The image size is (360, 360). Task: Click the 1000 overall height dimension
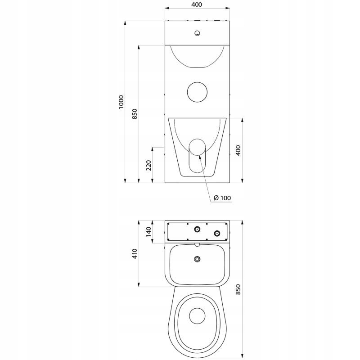pos(120,103)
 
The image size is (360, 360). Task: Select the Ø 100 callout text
pos(222,198)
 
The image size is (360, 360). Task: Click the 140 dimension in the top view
pos(148,232)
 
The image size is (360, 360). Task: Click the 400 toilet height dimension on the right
pos(239,150)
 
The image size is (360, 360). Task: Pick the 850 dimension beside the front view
pos(135,114)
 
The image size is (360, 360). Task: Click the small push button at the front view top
pos(197,33)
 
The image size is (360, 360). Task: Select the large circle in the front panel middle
pos(197,91)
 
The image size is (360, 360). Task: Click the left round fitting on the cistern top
pos(197,229)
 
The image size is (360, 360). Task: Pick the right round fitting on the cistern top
pos(217,233)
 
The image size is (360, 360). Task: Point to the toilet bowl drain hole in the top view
pos(196,315)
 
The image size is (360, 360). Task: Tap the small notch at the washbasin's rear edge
pos(197,245)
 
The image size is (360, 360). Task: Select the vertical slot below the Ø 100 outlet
pos(197,165)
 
